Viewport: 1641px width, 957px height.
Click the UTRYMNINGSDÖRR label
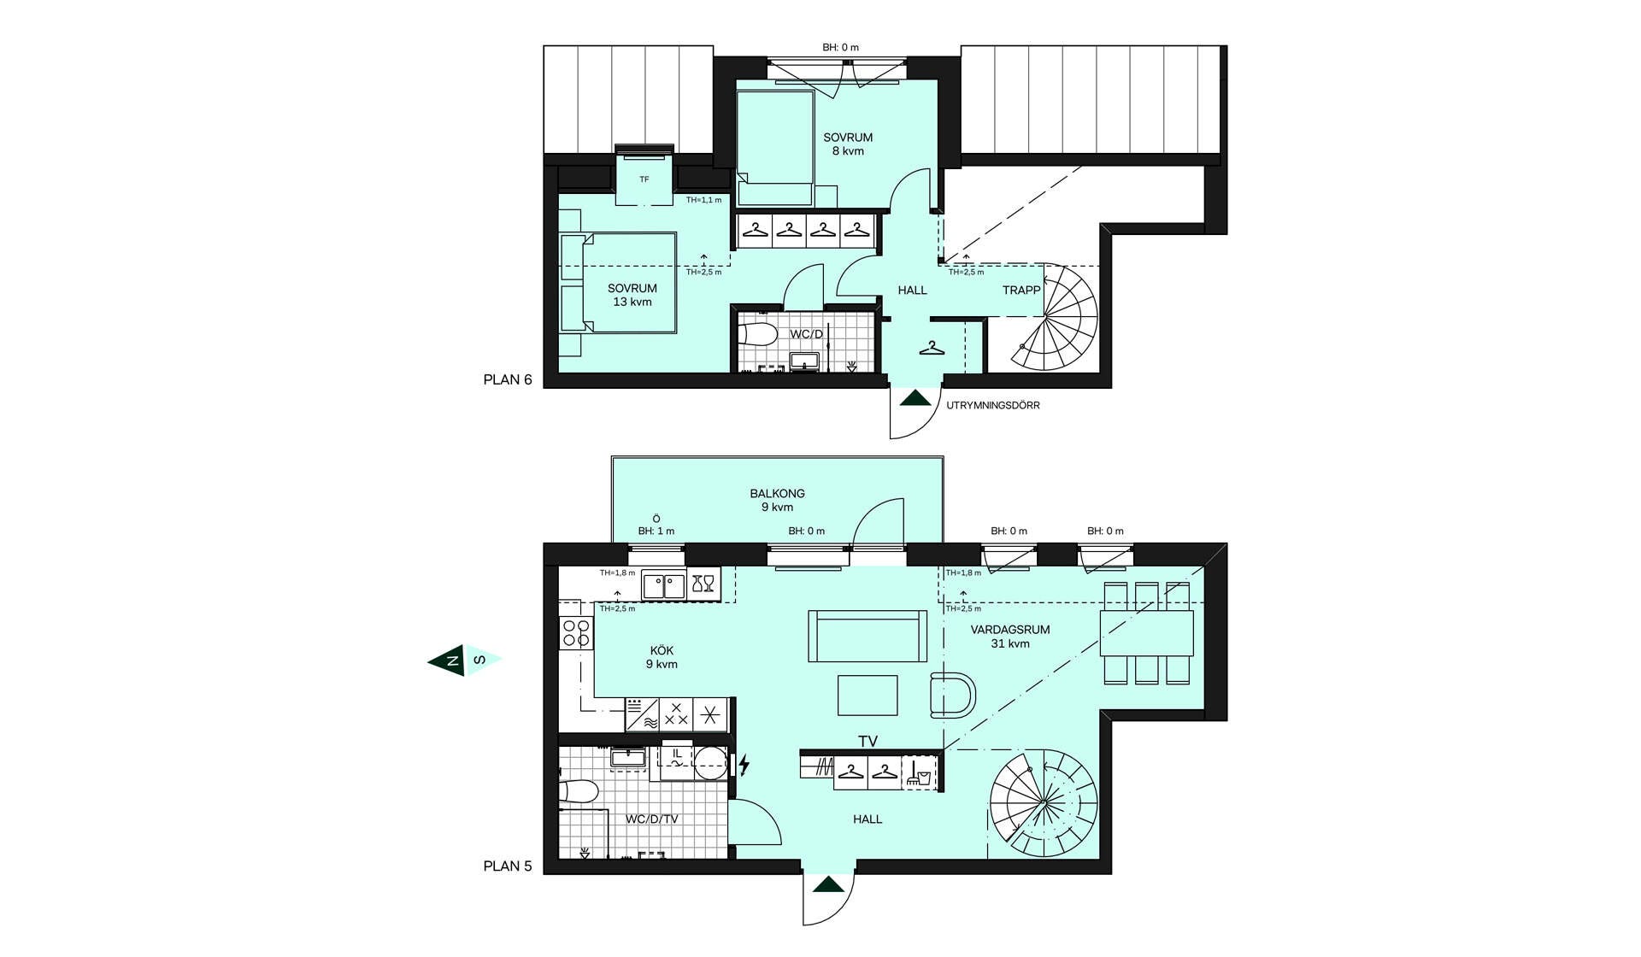(x=993, y=405)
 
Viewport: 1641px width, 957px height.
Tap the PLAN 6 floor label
(x=508, y=379)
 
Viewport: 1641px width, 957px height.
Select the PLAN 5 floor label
(x=508, y=866)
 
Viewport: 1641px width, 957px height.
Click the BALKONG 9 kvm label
(x=777, y=500)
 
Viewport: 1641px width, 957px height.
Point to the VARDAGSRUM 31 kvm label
(x=1010, y=637)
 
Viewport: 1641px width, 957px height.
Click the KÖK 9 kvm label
(x=662, y=657)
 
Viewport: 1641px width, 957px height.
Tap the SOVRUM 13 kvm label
(x=632, y=295)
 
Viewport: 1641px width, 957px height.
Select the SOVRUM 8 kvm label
(x=848, y=144)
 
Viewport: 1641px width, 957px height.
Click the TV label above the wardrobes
(x=868, y=742)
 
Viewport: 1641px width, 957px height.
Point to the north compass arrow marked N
(x=447, y=661)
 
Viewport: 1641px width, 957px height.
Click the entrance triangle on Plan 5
(x=828, y=884)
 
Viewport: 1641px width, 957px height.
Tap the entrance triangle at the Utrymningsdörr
(x=915, y=398)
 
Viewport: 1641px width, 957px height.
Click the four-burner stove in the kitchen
(x=576, y=633)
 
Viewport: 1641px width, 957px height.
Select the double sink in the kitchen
(x=664, y=585)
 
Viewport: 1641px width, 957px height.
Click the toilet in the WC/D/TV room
(x=578, y=791)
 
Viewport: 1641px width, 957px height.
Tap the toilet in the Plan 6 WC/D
(x=756, y=333)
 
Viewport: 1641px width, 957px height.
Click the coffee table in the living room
(x=868, y=695)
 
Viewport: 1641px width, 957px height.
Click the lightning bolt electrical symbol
(x=744, y=765)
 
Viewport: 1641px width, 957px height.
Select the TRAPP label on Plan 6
(x=1021, y=290)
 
